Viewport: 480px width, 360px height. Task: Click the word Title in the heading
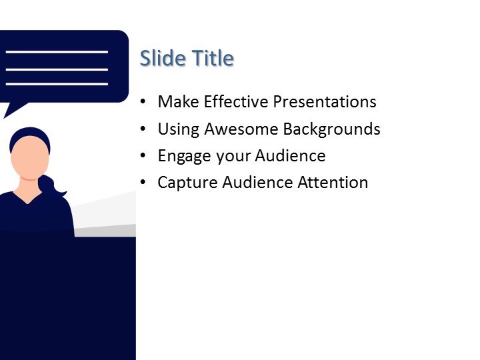213,59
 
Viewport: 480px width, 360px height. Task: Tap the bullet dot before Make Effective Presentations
143,103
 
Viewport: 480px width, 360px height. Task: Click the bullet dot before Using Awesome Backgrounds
143,129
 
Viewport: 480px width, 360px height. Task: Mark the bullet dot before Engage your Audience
143,157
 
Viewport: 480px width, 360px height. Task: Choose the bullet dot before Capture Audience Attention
143,183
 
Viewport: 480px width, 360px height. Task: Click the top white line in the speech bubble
57,51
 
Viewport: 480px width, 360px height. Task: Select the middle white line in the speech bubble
57,68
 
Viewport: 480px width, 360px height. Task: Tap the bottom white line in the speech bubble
57,84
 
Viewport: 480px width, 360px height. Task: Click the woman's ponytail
53,187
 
